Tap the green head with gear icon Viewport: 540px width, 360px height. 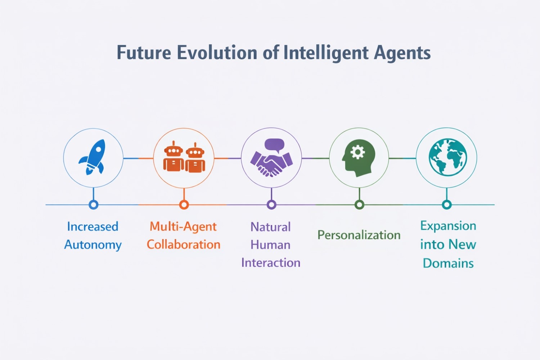click(359, 158)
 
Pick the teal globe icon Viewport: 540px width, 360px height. click(448, 157)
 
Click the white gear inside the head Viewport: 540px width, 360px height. click(357, 152)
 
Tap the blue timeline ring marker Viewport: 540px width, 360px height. click(94, 205)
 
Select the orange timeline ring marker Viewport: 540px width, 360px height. click(184, 205)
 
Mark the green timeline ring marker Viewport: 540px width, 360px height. click(359, 205)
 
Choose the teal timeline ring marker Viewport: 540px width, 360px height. click(447, 205)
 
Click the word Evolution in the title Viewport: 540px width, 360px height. click(217, 53)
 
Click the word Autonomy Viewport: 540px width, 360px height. click(93, 245)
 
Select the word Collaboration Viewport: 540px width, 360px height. click(184, 244)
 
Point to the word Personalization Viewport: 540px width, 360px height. click(359, 235)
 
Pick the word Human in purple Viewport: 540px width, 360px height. click(270, 245)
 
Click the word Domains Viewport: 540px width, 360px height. click(448, 263)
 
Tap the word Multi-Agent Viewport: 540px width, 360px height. click(183, 227)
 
